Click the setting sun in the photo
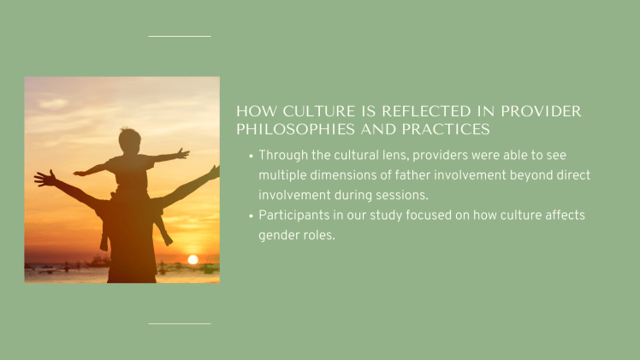(x=193, y=259)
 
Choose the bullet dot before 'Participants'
(x=250, y=216)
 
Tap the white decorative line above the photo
(x=179, y=36)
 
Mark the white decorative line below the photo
(x=179, y=323)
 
